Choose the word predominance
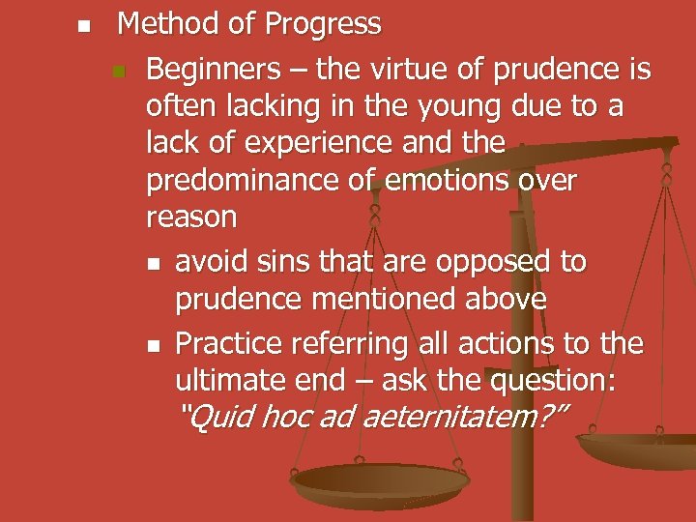(246, 181)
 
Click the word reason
(191, 217)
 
